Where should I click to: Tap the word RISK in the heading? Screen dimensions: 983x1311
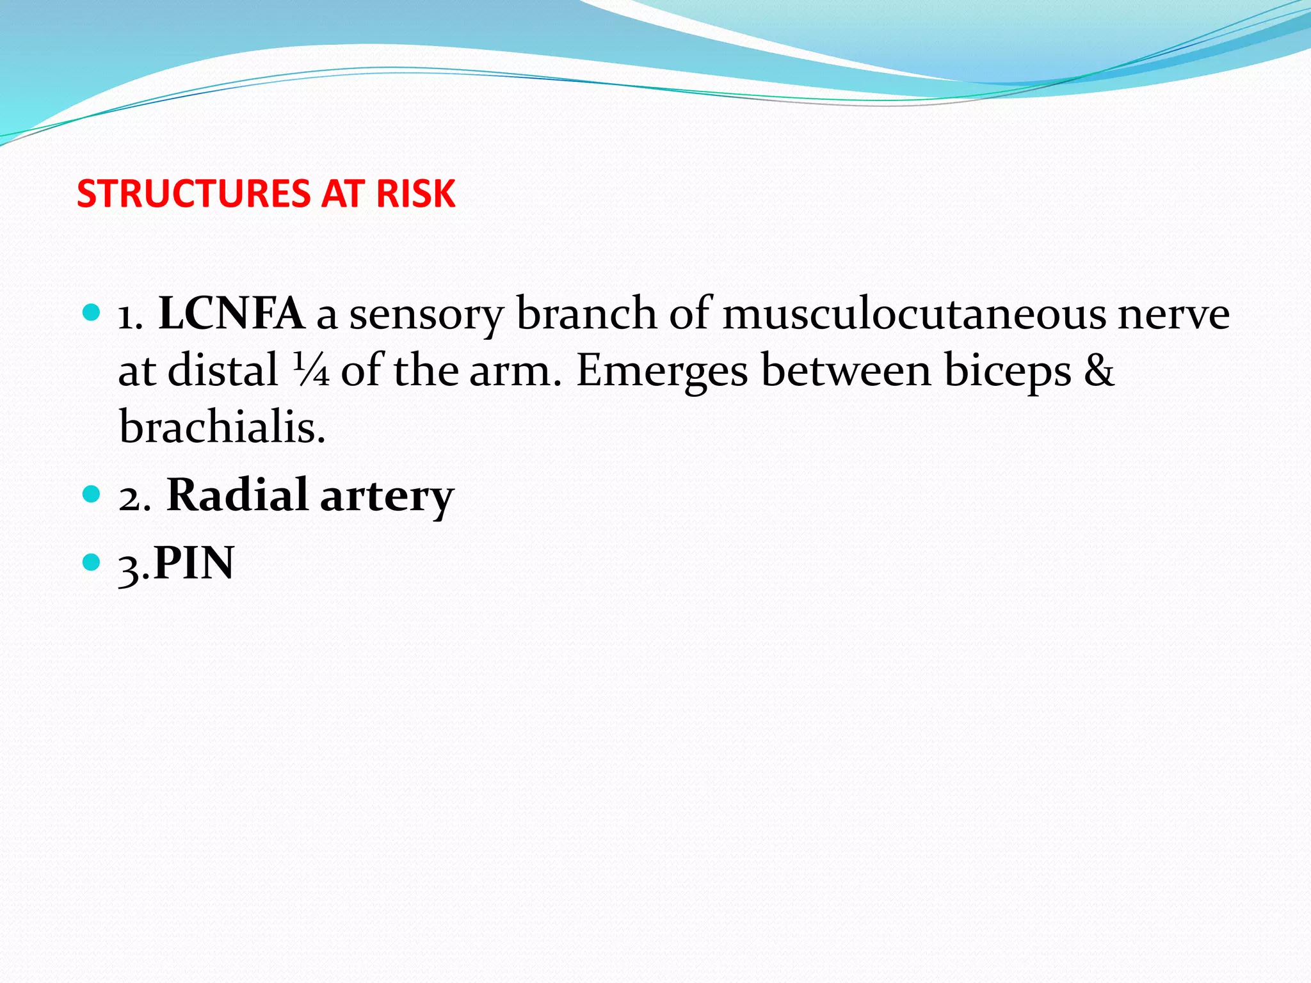415,193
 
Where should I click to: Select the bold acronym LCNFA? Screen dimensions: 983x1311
231,314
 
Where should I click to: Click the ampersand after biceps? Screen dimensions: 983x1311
1099,370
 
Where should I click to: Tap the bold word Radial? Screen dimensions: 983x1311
237,495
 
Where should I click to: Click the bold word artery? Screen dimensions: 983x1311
387,497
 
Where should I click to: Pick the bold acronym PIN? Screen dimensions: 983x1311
194,563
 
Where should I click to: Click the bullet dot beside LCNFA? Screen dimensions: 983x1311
92,313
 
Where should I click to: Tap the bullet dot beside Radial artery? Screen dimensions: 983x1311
92,494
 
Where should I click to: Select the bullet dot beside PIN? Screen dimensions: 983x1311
92,562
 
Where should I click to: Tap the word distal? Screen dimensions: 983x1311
223,370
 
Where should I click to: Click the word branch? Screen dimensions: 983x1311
586,314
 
